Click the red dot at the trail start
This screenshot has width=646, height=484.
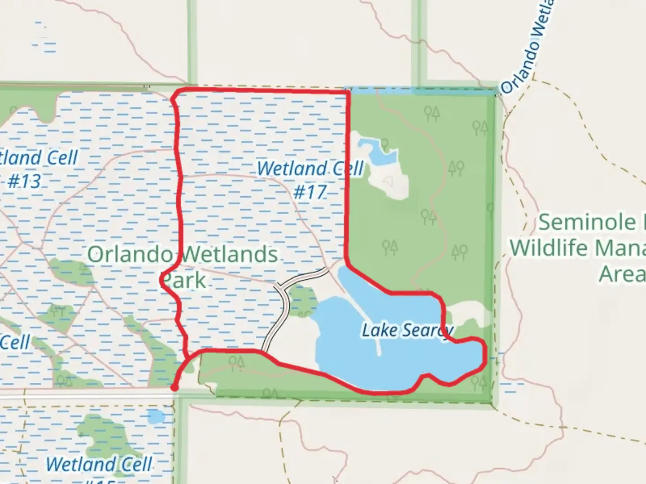175,387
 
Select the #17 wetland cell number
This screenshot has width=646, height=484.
310,192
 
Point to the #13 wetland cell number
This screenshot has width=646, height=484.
24,181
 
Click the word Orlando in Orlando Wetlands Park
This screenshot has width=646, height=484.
130,255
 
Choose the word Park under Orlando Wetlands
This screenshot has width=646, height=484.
184,281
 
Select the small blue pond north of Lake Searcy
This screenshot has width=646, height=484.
377,151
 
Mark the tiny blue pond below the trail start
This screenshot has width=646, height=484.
156,417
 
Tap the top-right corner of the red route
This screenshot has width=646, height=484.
348,92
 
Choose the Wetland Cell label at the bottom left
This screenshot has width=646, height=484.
99,464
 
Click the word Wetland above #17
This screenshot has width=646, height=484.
292,169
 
